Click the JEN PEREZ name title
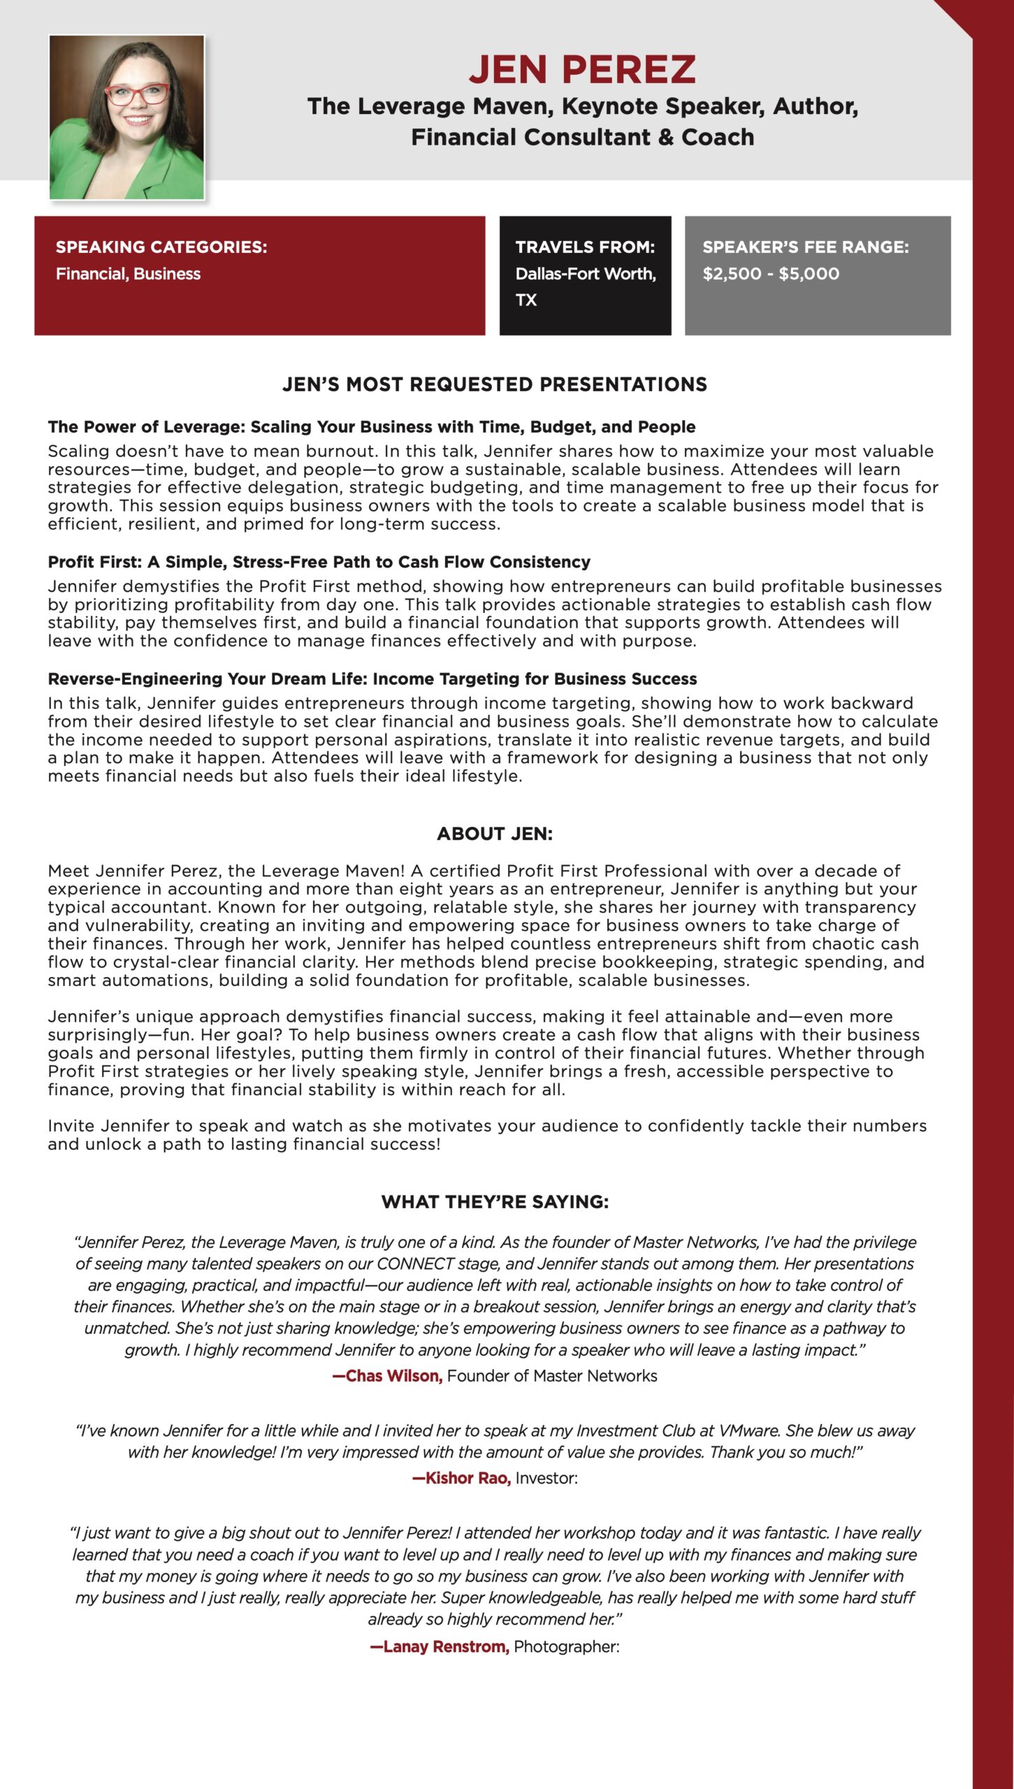[x=582, y=70]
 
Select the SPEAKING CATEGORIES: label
[x=161, y=247]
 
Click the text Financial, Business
[x=128, y=274]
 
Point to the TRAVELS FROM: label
[x=585, y=247]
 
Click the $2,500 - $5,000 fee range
[x=771, y=274]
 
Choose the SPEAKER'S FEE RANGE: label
[x=806, y=247]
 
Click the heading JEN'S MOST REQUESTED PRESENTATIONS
[x=495, y=384]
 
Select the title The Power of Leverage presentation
[x=371, y=427]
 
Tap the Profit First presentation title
[x=319, y=562]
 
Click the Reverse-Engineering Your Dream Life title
[x=372, y=679]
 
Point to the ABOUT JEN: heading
[x=495, y=834]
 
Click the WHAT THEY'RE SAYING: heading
[x=495, y=1202]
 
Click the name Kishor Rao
[x=463, y=1478]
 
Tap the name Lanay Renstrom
[x=440, y=1646]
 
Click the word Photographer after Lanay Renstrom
[x=566, y=1646]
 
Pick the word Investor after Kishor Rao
[x=546, y=1478]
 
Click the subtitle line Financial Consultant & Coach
[x=582, y=137]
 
